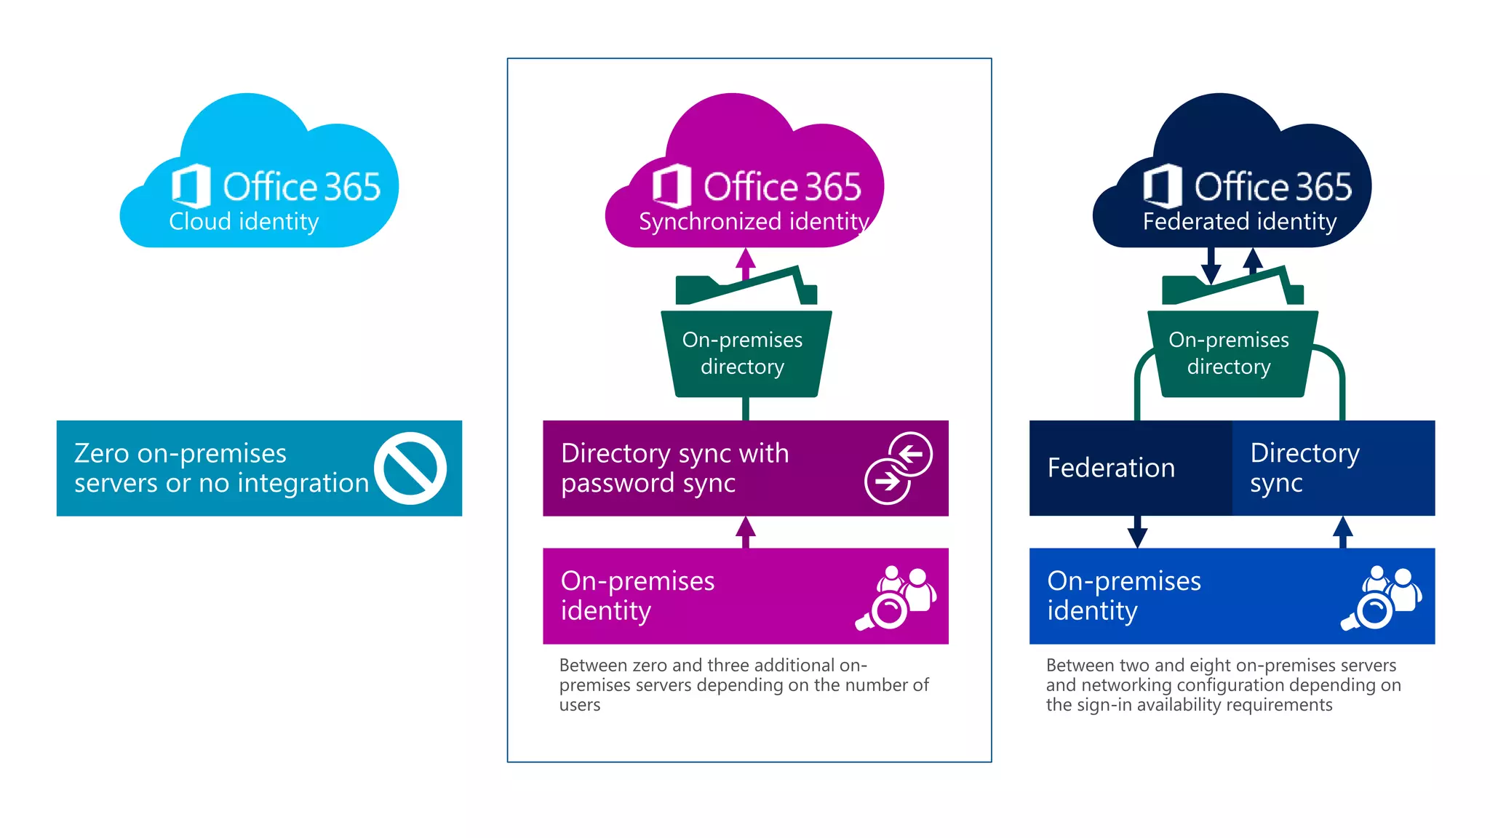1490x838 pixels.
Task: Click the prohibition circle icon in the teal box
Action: [x=410, y=468]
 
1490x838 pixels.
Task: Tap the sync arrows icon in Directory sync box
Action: [x=899, y=468]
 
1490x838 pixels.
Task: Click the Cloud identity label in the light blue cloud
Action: [x=244, y=221]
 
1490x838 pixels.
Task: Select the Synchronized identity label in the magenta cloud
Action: [x=754, y=221]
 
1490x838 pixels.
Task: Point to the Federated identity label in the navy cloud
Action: [x=1240, y=221]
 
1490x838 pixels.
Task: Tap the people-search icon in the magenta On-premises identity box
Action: [x=896, y=598]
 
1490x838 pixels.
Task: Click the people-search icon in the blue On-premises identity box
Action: [x=1382, y=598]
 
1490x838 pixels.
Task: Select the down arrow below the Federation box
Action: [x=1137, y=532]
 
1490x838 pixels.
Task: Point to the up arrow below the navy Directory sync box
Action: [x=1342, y=531]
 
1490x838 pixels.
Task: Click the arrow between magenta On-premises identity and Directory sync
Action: [x=745, y=532]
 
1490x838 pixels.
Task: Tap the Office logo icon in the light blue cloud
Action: [x=191, y=186]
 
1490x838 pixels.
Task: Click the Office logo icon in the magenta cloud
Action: [x=671, y=186]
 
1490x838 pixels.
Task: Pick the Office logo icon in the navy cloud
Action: [x=1162, y=186]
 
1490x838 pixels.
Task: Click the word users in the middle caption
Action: [x=580, y=705]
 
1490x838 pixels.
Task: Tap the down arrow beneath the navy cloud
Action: [x=1211, y=266]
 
